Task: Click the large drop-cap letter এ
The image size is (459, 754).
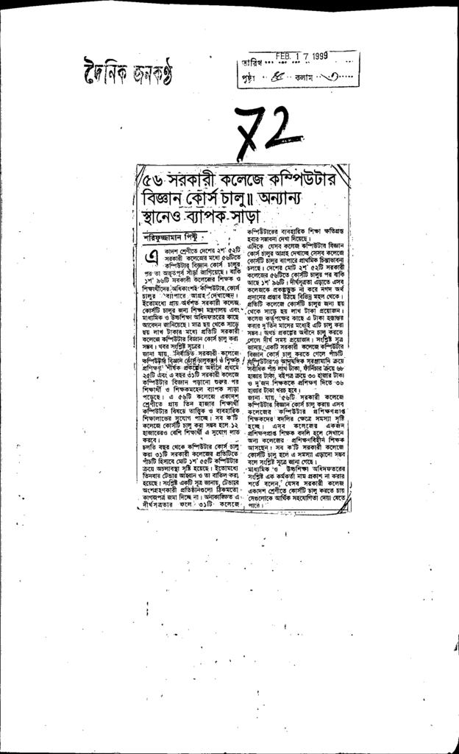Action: [152, 258]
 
